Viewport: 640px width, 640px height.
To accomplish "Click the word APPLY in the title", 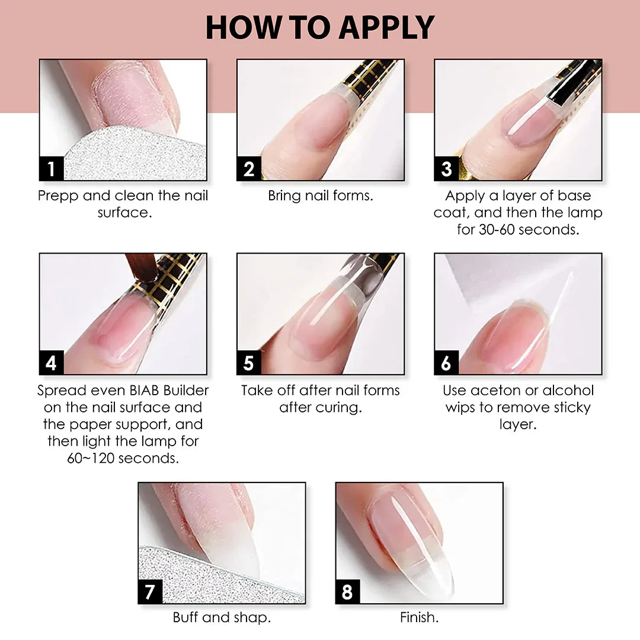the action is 386,28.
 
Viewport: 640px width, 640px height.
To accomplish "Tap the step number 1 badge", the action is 52,168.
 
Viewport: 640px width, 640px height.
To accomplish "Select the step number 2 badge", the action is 249,168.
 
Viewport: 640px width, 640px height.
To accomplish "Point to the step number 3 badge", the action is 447,168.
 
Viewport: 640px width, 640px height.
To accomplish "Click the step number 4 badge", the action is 52,363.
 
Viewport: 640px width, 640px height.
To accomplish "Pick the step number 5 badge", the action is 249,363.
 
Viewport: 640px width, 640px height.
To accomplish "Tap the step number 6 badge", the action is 447,363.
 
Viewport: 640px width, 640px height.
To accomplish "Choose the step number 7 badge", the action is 150,591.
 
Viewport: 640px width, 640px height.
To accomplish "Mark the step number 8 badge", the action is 348,591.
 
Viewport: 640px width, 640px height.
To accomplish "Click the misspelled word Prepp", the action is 58,196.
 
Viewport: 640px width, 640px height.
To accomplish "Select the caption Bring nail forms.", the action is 321,196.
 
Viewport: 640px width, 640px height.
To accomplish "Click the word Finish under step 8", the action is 419,617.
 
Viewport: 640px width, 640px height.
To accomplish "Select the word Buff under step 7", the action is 185,617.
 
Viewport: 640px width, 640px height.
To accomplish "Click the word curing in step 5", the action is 341,408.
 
